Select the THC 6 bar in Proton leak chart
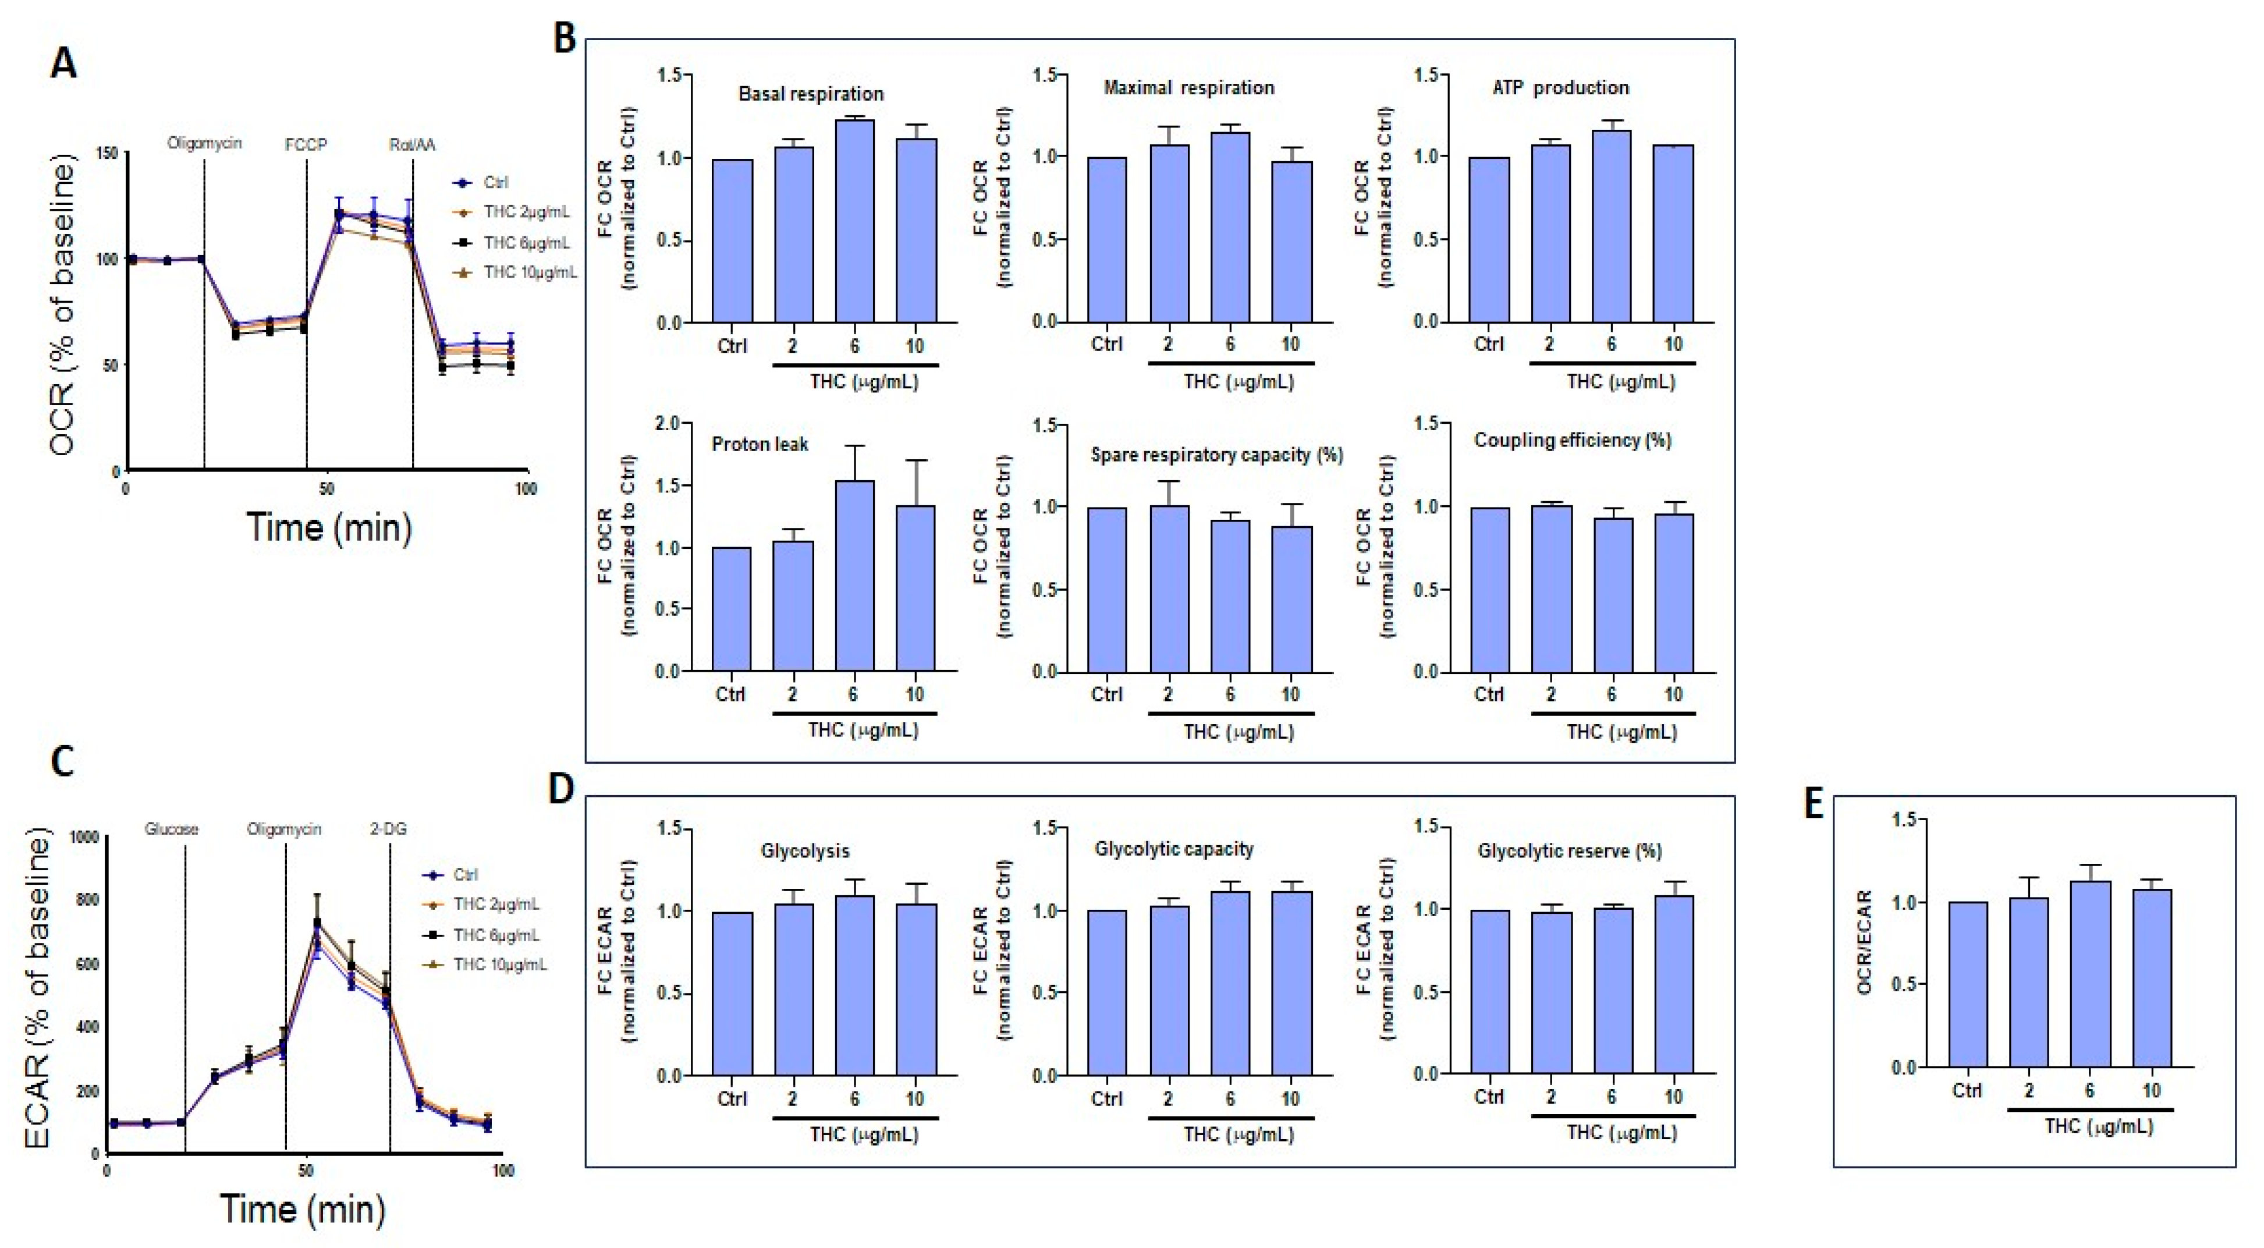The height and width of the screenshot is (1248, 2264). point(854,576)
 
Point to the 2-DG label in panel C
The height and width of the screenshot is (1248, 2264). point(388,829)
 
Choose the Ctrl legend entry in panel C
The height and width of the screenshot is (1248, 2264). point(464,874)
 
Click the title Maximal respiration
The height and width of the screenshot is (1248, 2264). point(1188,88)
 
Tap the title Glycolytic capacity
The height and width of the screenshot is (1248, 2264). point(1173,849)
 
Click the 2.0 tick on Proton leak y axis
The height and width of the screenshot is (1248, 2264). point(669,424)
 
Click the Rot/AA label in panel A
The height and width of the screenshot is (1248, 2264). point(412,144)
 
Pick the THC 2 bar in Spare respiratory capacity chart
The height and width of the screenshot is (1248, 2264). point(1168,589)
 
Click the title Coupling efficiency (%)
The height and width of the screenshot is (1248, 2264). point(1573,439)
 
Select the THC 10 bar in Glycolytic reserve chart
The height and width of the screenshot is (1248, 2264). point(1673,984)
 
